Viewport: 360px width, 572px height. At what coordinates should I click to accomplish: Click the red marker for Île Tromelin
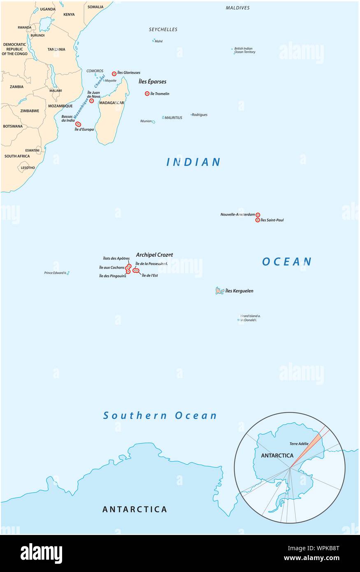(147, 93)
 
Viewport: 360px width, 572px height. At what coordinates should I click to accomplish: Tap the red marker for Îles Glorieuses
(114, 74)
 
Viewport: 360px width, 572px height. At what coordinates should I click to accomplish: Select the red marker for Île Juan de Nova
(91, 101)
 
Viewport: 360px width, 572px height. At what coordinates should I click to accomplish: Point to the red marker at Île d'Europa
(78, 124)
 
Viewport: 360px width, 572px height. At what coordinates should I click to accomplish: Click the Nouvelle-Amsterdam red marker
(258, 215)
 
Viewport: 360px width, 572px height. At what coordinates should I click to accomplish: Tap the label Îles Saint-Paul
(272, 220)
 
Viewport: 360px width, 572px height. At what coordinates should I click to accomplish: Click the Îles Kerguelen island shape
(220, 291)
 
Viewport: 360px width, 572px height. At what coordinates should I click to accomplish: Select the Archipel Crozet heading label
(154, 255)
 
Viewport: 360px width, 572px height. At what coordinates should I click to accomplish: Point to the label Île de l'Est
(150, 275)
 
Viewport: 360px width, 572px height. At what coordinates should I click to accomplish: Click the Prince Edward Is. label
(55, 273)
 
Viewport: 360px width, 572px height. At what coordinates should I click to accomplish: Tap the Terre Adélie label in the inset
(299, 444)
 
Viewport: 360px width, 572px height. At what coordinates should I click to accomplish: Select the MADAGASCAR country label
(111, 102)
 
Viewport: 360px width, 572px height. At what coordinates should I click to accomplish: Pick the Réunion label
(146, 121)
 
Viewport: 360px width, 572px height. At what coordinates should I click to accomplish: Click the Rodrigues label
(200, 115)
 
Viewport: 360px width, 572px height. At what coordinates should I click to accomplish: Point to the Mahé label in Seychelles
(158, 41)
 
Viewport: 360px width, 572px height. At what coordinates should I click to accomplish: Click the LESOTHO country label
(28, 167)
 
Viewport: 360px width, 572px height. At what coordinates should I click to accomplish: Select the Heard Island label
(250, 316)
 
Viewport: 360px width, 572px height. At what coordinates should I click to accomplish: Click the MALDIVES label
(237, 8)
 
